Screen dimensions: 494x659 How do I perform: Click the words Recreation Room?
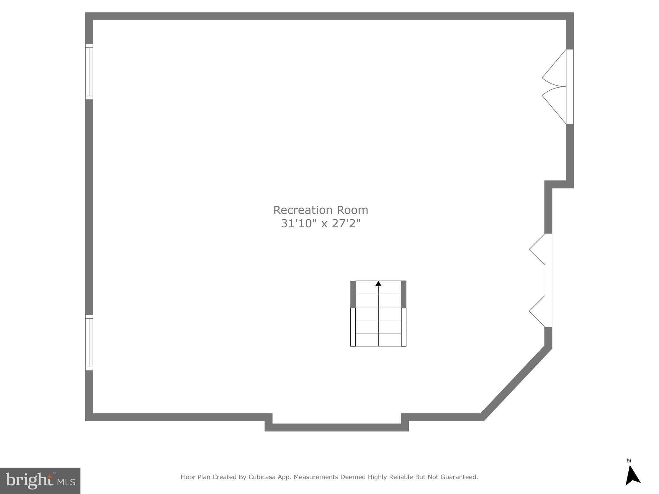point(320,210)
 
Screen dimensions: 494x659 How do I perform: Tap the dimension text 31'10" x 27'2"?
point(320,223)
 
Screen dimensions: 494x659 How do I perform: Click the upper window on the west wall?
point(89,72)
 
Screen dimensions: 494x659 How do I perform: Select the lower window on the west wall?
point(89,343)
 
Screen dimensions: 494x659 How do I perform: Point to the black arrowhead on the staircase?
point(378,284)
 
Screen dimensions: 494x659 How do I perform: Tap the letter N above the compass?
point(629,461)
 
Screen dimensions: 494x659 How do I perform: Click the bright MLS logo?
point(40,481)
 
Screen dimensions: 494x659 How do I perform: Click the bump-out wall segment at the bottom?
point(337,427)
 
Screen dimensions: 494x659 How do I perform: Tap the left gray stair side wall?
point(353,294)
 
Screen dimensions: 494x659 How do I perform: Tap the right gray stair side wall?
point(404,294)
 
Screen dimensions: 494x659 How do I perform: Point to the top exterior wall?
point(329,16)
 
